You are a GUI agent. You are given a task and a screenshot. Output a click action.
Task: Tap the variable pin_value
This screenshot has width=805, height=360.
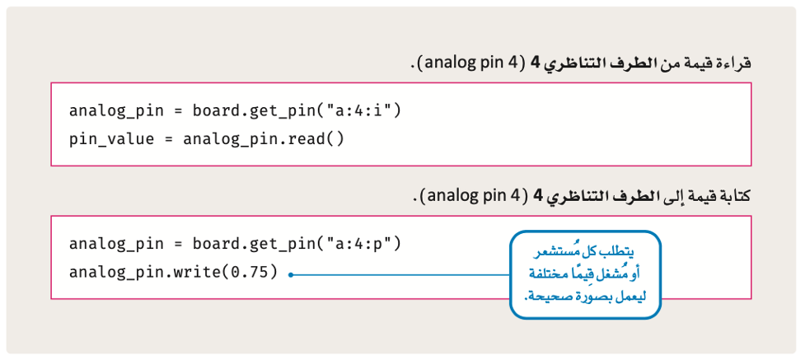click(x=112, y=140)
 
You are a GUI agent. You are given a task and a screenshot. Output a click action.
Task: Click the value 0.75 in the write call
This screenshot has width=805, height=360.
click(x=250, y=272)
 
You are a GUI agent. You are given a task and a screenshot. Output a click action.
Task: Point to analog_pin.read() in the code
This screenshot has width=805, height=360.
click(x=264, y=140)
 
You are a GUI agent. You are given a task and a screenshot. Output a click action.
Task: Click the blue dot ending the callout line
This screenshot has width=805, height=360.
click(x=290, y=275)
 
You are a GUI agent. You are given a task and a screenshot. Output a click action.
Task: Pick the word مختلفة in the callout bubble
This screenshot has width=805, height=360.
click(x=550, y=275)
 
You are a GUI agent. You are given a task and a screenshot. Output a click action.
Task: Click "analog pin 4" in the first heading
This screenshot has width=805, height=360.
click(x=465, y=63)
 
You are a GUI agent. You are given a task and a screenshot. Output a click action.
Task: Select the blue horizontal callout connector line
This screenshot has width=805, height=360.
click(x=400, y=275)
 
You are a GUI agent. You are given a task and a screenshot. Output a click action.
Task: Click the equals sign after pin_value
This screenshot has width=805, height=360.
click(x=169, y=140)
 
